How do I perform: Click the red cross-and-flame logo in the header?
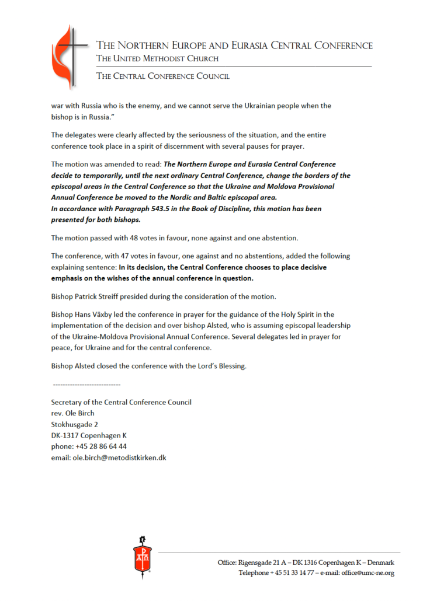click(69, 57)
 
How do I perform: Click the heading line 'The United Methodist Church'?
click(157, 59)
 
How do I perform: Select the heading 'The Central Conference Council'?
click(163, 76)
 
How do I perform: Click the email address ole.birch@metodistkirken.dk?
click(119, 458)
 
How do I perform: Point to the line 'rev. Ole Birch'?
click(73, 413)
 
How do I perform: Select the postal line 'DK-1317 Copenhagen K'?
click(89, 435)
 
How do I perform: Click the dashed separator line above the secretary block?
click(86, 385)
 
